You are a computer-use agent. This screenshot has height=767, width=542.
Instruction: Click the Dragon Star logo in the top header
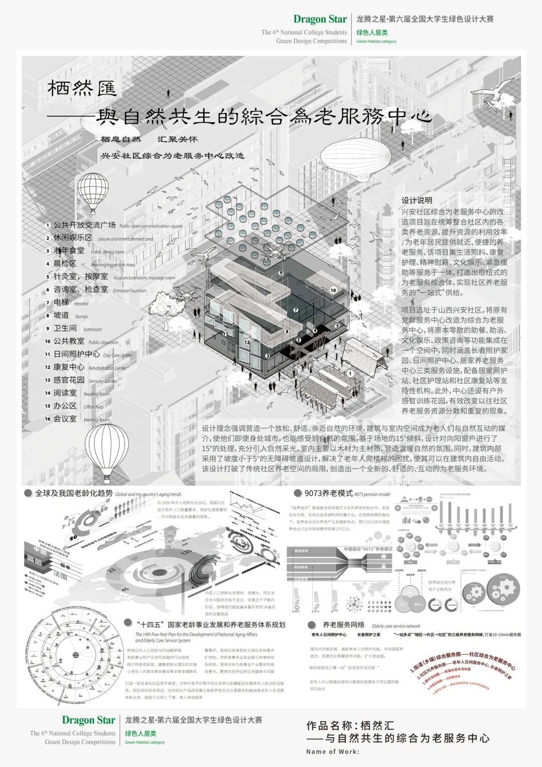point(320,19)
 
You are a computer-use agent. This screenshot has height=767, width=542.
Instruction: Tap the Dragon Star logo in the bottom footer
point(88,720)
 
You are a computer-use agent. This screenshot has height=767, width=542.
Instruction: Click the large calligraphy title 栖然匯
point(82,89)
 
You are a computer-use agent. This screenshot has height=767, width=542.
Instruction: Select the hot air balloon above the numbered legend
point(93,192)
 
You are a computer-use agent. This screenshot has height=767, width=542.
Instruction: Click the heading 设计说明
point(417,200)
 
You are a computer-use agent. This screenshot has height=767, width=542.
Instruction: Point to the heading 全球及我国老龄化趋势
point(74,493)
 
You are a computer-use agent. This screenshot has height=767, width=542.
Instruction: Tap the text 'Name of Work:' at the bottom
point(333,751)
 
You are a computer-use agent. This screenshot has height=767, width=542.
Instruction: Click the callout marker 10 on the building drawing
point(333,290)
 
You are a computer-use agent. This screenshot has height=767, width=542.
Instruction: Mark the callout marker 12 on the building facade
point(247,342)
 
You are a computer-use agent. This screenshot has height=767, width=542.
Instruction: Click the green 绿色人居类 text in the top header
point(372,33)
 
